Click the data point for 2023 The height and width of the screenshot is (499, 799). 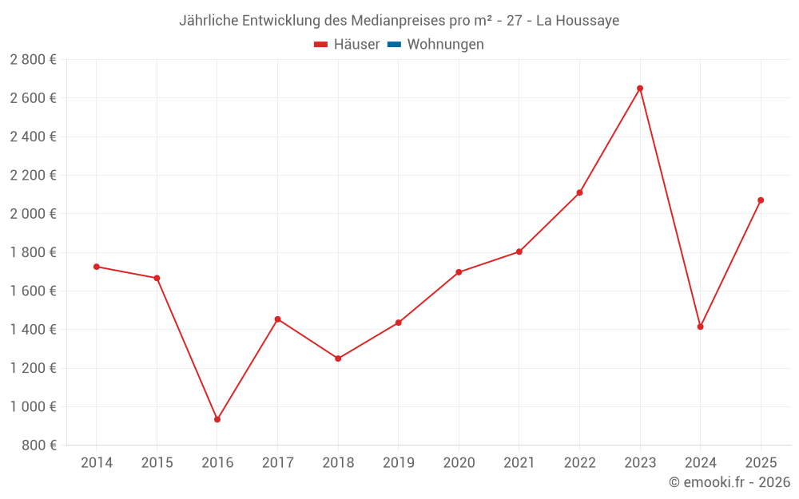click(x=640, y=89)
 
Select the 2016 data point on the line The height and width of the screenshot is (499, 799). click(x=217, y=419)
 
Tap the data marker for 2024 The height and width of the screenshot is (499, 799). click(x=700, y=327)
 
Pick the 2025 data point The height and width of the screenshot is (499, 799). click(x=761, y=200)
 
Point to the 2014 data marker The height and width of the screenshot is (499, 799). click(x=97, y=267)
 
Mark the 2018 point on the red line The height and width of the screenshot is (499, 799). click(x=338, y=358)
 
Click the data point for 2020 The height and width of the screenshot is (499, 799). click(x=459, y=272)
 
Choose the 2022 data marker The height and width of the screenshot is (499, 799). click(x=579, y=192)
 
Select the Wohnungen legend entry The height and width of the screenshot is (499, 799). click(x=445, y=45)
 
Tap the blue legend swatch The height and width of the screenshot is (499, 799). click(x=394, y=45)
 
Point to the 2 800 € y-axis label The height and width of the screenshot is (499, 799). click(x=33, y=60)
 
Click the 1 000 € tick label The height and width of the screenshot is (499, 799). click(x=33, y=406)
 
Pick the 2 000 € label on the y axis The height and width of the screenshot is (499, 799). click(x=33, y=214)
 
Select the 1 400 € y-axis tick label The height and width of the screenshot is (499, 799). click(x=33, y=330)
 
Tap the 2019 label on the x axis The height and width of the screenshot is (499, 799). click(x=399, y=463)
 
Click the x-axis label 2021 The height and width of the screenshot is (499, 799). click(x=519, y=463)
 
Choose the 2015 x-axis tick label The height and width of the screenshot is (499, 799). click(x=157, y=463)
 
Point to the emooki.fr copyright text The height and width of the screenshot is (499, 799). click(x=729, y=482)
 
